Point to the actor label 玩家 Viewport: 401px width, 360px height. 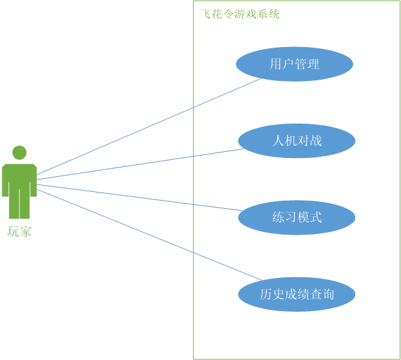[x=19, y=232]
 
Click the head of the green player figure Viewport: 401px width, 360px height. [x=19, y=152]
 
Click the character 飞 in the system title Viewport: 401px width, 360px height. [x=206, y=14]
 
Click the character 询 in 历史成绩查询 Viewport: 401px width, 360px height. [x=328, y=294]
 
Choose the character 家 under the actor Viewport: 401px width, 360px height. [x=25, y=232]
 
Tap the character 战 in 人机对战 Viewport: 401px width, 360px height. [x=316, y=140]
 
